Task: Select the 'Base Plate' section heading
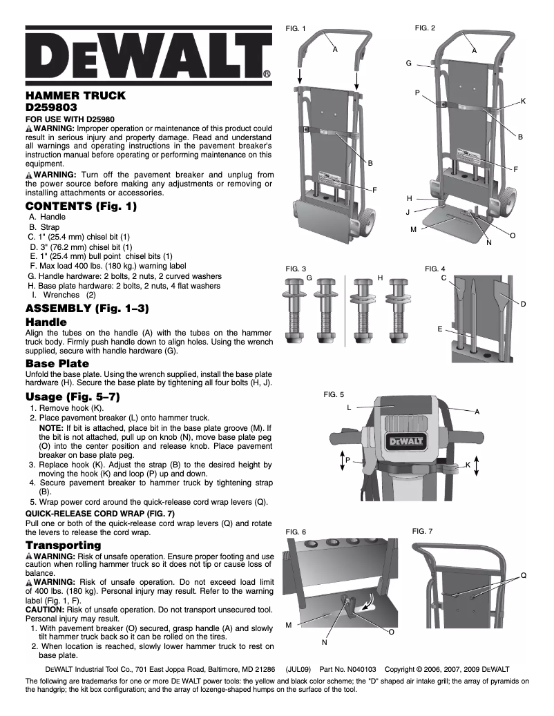coord(57,363)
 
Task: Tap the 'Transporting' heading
coord(64,545)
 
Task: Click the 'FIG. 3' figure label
coord(296,268)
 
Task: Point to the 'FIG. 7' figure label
coord(422,531)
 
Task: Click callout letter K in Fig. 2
coord(523,101)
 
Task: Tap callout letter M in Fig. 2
coord(413,229)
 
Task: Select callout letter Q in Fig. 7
coord(523,575)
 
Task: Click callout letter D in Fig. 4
coord(523,304)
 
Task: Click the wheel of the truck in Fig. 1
coord(361,224)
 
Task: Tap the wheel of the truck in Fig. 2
coord(508,202)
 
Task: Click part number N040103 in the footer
coord(357,669)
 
